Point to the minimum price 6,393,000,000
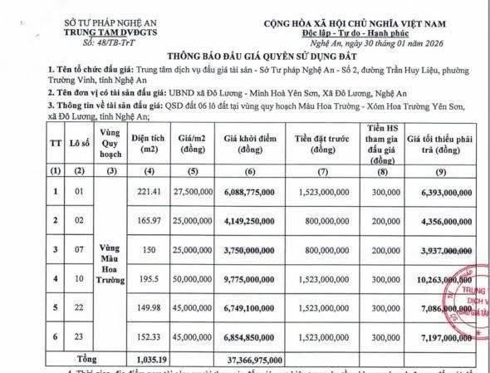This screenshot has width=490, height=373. pyautogui.click(x=443, y=190)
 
